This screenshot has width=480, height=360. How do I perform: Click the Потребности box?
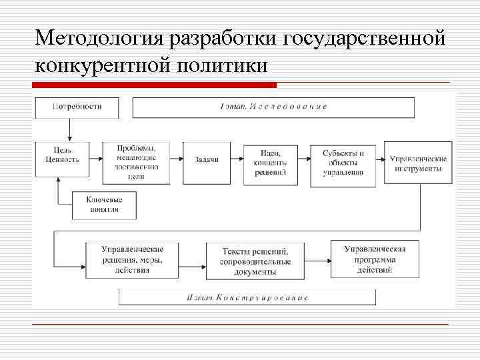76,107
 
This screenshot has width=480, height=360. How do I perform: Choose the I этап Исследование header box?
273,107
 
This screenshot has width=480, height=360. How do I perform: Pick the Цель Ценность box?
62,158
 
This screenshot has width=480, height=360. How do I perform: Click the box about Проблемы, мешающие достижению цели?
136,162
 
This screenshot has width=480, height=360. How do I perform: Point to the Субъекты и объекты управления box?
343,162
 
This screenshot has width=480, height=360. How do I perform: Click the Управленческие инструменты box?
419,162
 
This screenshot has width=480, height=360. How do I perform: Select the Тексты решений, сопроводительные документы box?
255,261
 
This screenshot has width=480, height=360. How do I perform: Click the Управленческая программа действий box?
375,259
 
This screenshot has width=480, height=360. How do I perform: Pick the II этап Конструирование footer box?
247,297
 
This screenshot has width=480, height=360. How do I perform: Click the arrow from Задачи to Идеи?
236,159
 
